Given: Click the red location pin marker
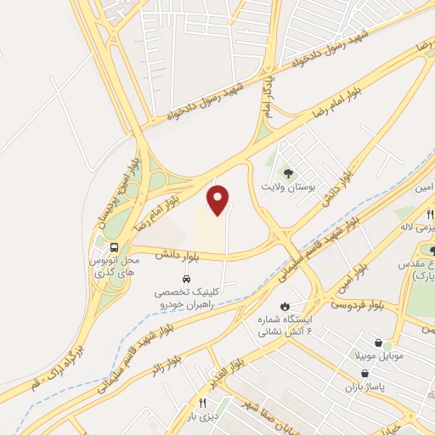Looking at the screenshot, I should click(x=219, y=199).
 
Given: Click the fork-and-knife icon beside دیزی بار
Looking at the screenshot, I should click(x=202, y=404).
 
